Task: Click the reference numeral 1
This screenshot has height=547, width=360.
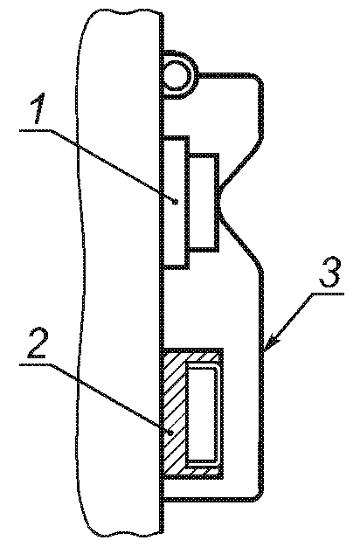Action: [38, 108]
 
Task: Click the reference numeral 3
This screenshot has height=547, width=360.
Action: [329, 273]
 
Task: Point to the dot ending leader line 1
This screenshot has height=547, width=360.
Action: [176, 201]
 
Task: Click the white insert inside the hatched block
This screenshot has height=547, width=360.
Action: [203, 415]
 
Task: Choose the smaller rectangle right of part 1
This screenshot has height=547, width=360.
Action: [204, 202]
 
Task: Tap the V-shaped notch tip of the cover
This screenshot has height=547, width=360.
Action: [219, 203]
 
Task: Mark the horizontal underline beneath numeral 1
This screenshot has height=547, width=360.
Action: [36, 130]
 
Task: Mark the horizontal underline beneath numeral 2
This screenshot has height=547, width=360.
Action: [36, 364]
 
